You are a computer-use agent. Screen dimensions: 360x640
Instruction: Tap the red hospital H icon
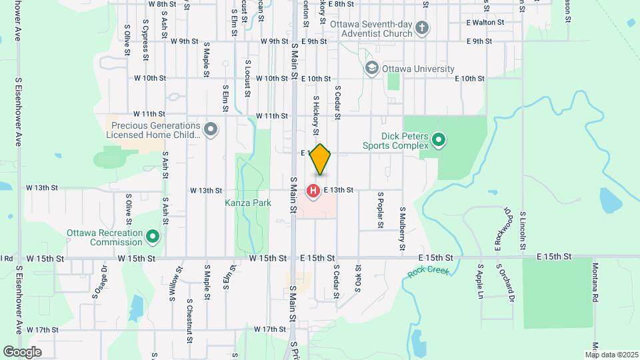313,192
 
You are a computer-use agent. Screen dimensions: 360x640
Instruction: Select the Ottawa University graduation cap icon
371,69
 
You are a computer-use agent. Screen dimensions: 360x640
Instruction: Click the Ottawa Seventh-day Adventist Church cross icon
421,28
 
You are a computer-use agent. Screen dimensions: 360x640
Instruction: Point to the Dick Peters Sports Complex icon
439,140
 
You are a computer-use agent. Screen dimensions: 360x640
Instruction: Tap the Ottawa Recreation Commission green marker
153,237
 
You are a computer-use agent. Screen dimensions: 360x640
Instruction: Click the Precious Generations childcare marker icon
211,129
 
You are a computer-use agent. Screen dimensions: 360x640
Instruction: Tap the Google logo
22,351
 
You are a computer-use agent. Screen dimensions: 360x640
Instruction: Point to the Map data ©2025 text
612,354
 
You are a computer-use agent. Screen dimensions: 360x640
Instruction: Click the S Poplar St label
380,210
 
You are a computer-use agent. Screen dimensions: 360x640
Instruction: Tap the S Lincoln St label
523,226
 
